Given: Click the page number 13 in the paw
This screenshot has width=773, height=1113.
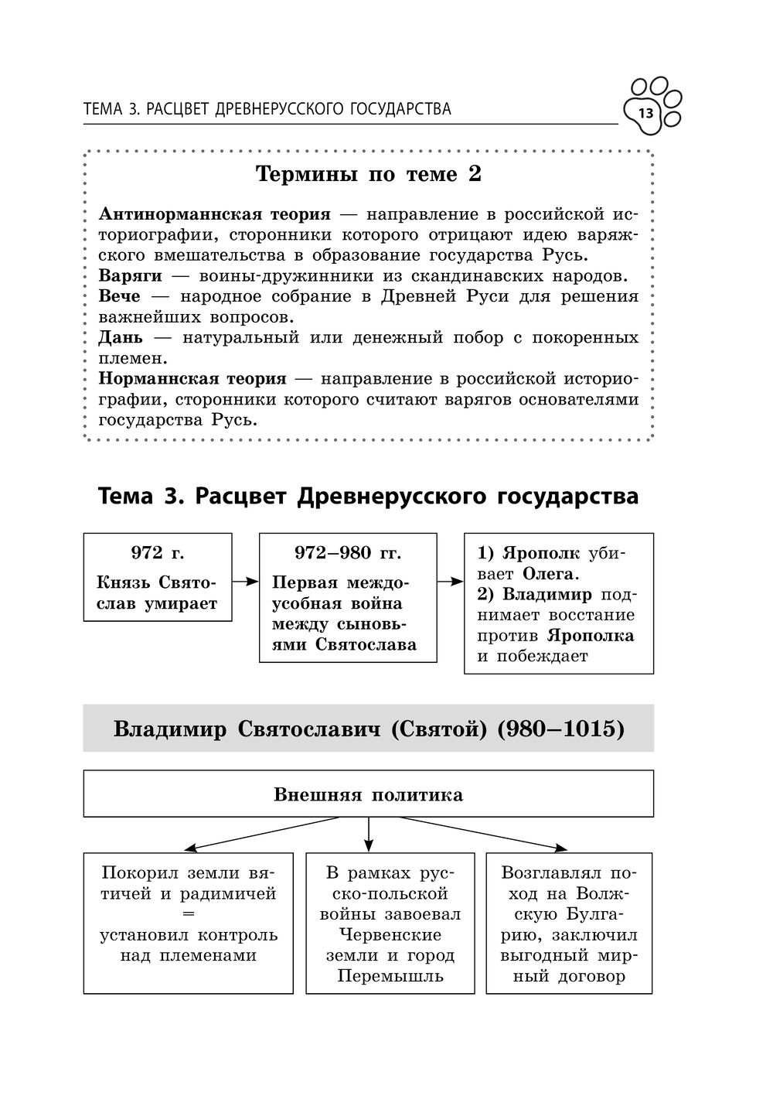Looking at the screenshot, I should [645, 114].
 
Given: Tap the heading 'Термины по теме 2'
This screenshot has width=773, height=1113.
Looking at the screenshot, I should [368, 175].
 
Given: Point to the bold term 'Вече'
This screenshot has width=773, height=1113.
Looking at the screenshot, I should [120, 297].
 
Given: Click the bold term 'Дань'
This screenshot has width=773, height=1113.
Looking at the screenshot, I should [121, 338].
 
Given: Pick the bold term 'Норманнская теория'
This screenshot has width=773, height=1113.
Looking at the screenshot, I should [192, 379].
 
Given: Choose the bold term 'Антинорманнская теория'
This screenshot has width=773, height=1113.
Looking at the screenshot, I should [215, 214].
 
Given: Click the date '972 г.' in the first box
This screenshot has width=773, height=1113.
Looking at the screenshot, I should [158, 553].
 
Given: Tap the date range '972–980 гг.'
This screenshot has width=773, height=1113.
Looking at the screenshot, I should [348, 553].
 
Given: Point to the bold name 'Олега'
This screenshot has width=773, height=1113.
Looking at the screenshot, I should [550, 574].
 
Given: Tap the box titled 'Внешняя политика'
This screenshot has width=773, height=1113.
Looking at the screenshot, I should [368, 794].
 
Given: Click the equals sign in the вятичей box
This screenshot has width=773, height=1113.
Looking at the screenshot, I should [188, 914].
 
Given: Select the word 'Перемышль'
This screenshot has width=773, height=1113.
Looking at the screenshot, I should [390, 975].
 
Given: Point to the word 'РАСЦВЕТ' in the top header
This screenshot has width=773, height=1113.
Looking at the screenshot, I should [178, 109].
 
